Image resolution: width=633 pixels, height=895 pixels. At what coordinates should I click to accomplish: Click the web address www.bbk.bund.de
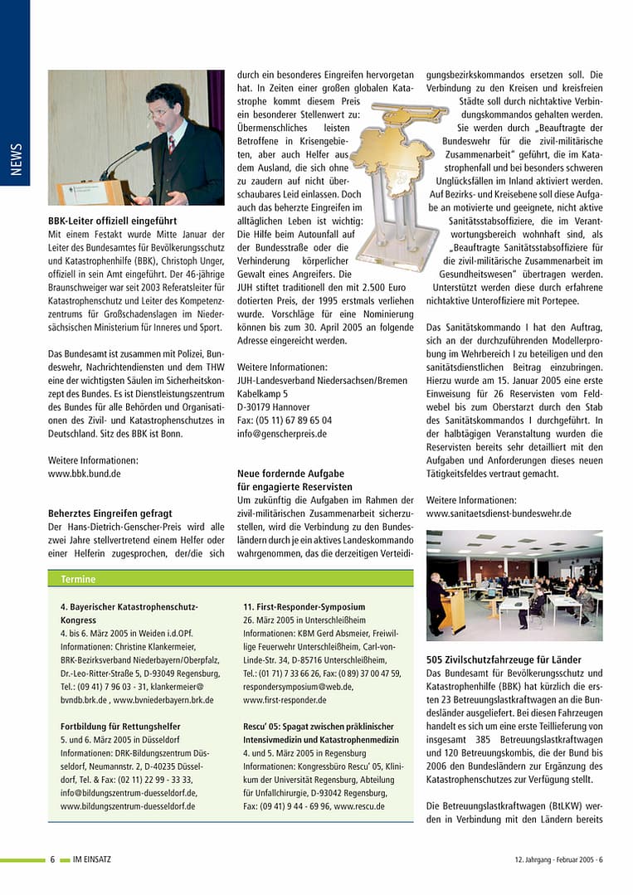pyautogui.click(x=85, y=474)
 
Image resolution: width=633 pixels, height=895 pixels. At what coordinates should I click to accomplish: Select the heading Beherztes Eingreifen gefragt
pyautogui.click(x=110, y=513)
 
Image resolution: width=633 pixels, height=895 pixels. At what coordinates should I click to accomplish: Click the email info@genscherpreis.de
pyautogui.click(x=282, y=433)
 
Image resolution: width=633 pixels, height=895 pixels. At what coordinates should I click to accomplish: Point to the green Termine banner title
pyautogui.click(x=79, y=579)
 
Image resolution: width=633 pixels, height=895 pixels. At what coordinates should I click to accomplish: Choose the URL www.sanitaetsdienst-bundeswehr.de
pyautogui.click(x=499, y=513)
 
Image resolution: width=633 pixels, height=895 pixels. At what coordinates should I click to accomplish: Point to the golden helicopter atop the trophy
pyautogui.click(x=408, y=113)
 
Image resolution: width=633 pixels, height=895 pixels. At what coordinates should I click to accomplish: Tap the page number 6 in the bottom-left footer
pyautogui.click(x=52, y=859)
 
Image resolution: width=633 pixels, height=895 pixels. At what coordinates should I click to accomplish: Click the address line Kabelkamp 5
pyautogui.click(x=263, y=393)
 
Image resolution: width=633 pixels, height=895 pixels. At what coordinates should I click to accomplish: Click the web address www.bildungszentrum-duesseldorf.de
pyautogui.click(x=128, y=805)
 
